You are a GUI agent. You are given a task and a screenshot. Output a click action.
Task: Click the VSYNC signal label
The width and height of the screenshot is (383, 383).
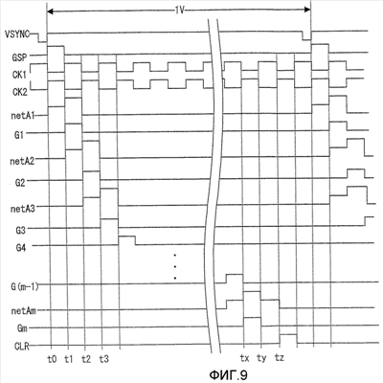(17, 34)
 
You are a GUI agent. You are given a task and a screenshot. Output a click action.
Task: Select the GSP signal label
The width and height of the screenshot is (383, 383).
(20, 57)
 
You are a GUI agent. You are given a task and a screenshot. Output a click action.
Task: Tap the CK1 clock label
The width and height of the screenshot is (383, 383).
(20, 75)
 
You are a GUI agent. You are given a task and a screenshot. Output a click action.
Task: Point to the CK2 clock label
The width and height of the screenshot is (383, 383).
(20, 92)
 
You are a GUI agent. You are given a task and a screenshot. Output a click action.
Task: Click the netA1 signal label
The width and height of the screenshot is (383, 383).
(23, 116)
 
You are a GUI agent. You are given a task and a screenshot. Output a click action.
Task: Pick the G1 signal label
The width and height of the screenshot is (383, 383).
(19, 135)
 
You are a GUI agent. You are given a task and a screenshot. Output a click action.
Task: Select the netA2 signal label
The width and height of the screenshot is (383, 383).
(22, 161)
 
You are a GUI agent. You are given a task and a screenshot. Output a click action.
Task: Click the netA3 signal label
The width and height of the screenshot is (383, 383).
(23, 209)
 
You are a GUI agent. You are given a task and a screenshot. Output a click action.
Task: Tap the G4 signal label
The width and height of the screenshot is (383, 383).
(21, 248)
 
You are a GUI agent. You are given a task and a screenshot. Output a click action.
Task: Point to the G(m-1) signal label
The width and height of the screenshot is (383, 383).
(25, 286)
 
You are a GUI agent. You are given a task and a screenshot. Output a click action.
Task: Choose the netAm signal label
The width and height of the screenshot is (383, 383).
(24, 311)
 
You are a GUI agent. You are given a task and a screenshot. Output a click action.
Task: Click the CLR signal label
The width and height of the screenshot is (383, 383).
(22, 346)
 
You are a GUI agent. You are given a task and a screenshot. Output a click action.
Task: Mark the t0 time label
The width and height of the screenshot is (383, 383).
(52, 359)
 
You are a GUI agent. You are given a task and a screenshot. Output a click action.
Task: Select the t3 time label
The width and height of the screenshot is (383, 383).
(104, 359)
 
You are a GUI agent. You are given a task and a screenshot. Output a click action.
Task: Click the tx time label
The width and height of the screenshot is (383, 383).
(244, 358)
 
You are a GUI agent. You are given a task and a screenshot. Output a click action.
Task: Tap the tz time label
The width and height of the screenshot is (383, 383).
(280, 358)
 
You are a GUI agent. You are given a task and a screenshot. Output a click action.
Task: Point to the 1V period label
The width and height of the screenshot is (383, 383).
(179, 10)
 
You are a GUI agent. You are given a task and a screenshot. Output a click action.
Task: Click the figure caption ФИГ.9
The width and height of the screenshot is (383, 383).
(229, 374)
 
